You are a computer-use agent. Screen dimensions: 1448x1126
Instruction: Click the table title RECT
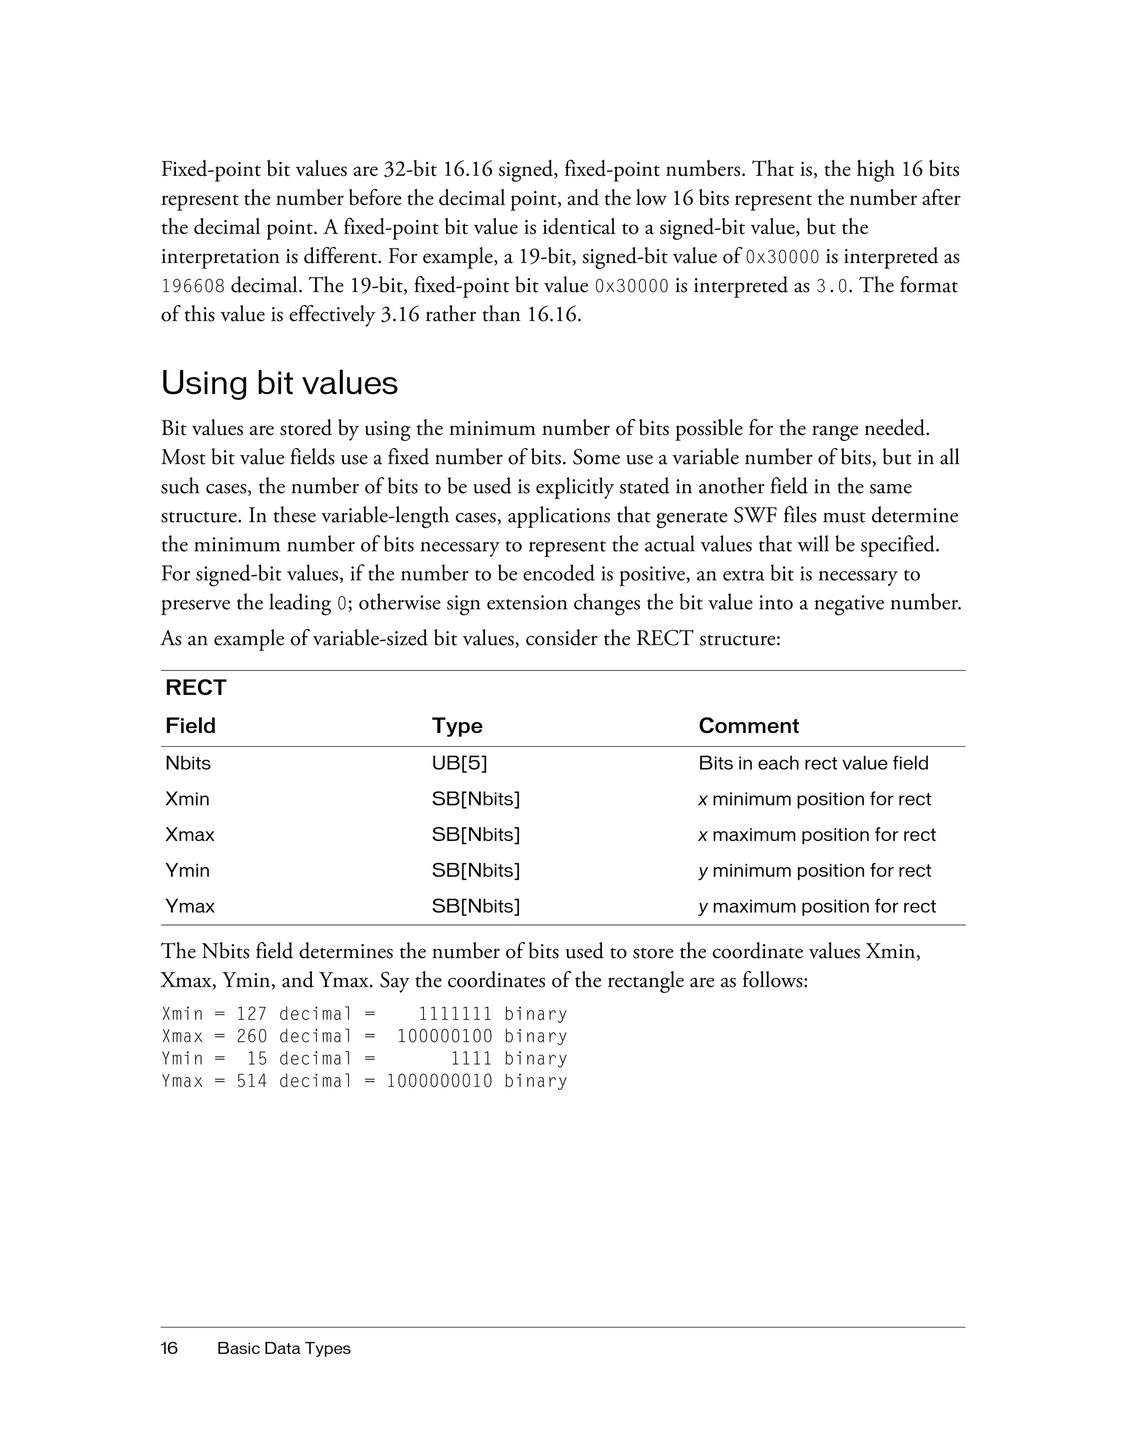196,687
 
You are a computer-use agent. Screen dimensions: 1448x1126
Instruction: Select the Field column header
190,725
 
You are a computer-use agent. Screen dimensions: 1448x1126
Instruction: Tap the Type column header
457,725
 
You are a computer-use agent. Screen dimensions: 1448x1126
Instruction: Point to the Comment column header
748,725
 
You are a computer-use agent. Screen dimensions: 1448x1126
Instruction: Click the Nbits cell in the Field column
187,763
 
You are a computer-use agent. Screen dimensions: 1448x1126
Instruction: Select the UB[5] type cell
459,763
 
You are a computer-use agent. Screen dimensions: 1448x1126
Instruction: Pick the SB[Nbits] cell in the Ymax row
475,906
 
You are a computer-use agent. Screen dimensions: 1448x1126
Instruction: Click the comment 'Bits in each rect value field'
813,763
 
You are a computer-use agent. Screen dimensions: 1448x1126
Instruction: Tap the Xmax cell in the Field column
190,835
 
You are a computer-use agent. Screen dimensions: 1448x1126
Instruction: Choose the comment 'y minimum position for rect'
814,871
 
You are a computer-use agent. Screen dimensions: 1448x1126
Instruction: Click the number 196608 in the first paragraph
193,287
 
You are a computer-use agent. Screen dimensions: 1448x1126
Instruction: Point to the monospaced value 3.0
831,287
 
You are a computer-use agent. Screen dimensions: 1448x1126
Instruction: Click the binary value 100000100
445,1036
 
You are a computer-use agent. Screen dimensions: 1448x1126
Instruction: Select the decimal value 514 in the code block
252,1081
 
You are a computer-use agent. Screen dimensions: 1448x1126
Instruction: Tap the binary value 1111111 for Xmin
455,1014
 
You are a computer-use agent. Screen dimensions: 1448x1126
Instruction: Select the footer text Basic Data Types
284,1348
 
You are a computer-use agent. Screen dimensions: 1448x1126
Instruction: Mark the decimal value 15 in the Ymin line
257,1059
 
